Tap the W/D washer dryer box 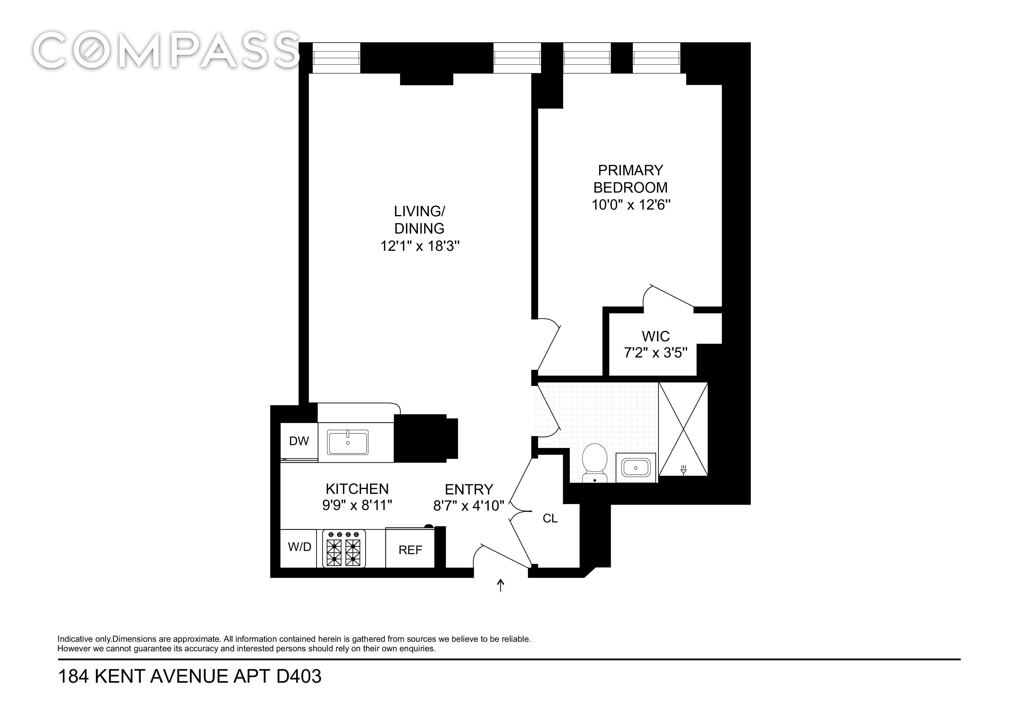pyautogui.click(x=299, y=548)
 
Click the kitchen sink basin pyautogui.click(x=347, y=442)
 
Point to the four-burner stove pyautogui.click(x=344, y=548)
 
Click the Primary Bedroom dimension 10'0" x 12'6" pyautogui.click(x=631, y=205)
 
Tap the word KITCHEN pyautogui.click(x=357, y=489)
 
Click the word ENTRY pyautogui.click(x=469, y=490)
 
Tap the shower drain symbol pyautogui.click(x=683, y=470)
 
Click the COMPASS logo pyautogui.click(x=166, y=50)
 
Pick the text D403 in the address pyautogui.click(x=299, y=676)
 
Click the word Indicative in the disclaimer pyautogui.click(x=75, y=639)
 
